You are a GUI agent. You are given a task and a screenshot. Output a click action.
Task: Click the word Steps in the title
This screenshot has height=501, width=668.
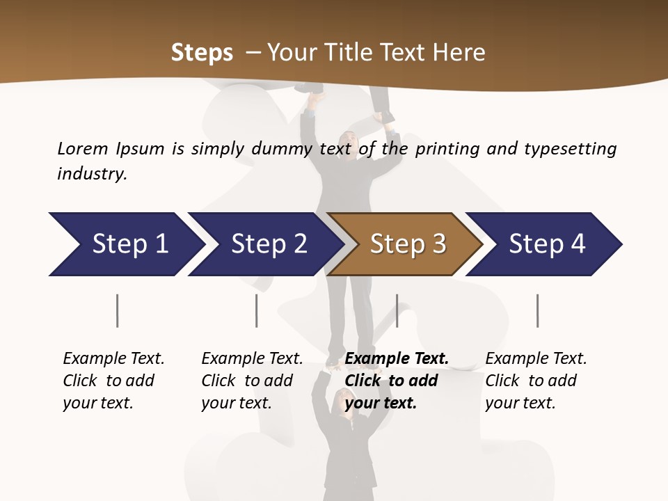pos(202,53)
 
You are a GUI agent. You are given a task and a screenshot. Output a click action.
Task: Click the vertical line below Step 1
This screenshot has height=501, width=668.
pos(118,310)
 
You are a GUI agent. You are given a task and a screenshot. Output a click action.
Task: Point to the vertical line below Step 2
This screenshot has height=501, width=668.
pos(257,310)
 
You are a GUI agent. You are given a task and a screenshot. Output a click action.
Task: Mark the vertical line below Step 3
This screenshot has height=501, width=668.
pos(397,310)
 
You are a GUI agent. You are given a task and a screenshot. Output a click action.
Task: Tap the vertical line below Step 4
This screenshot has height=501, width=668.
pos(538,310)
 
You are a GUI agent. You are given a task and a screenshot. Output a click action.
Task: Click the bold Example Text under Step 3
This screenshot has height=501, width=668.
pos(397,359)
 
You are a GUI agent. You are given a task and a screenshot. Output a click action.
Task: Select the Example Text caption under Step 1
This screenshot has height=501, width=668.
pos(113,359)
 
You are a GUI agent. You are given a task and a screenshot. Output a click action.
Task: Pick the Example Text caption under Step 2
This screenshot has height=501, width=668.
pos(252,359)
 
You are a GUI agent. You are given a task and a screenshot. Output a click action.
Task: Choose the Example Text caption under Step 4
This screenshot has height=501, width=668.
pos(536,359)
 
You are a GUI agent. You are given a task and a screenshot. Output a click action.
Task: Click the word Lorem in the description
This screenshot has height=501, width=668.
pos(83,149)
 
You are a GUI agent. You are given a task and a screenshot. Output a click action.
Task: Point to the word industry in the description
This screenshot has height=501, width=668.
pos(92,174)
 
